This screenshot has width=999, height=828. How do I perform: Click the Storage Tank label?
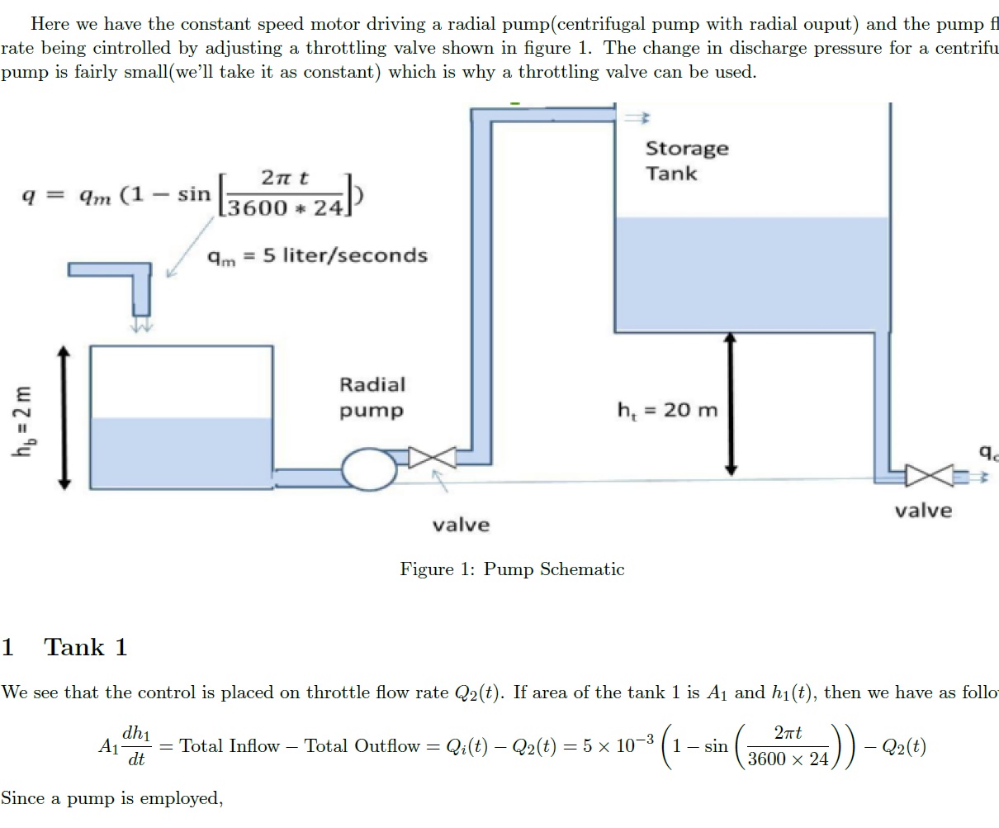(686, 161)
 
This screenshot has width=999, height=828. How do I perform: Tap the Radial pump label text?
(372, 397)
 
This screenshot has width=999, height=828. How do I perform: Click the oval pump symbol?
(369, 470)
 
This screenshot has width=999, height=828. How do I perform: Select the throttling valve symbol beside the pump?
(433, 457)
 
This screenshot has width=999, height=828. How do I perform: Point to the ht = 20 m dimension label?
(667, 410)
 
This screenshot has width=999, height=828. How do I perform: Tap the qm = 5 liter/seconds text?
(317, 256)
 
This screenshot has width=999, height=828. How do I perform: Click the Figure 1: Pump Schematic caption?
(512, 569)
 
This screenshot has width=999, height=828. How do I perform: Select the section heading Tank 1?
(86, 647)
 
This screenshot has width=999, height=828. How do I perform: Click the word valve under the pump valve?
(461, 525)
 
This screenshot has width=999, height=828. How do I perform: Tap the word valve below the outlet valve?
(923, 511)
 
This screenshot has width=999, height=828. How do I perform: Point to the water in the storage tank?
(751, 273)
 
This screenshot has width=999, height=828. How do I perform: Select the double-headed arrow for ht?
(730, 405)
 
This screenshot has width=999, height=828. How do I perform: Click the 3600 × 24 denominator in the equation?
(788, 759)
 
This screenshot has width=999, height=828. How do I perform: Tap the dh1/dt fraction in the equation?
(136, 746)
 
